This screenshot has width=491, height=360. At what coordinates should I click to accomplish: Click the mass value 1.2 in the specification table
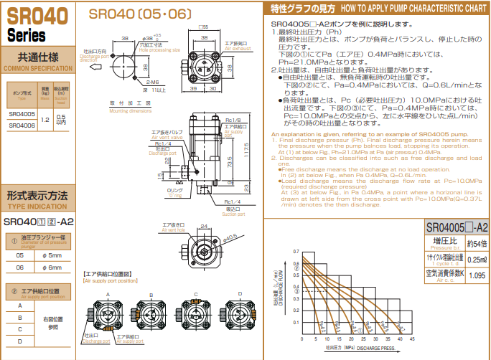[45, 120]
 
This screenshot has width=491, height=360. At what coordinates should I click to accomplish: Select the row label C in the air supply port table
[19, 328]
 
